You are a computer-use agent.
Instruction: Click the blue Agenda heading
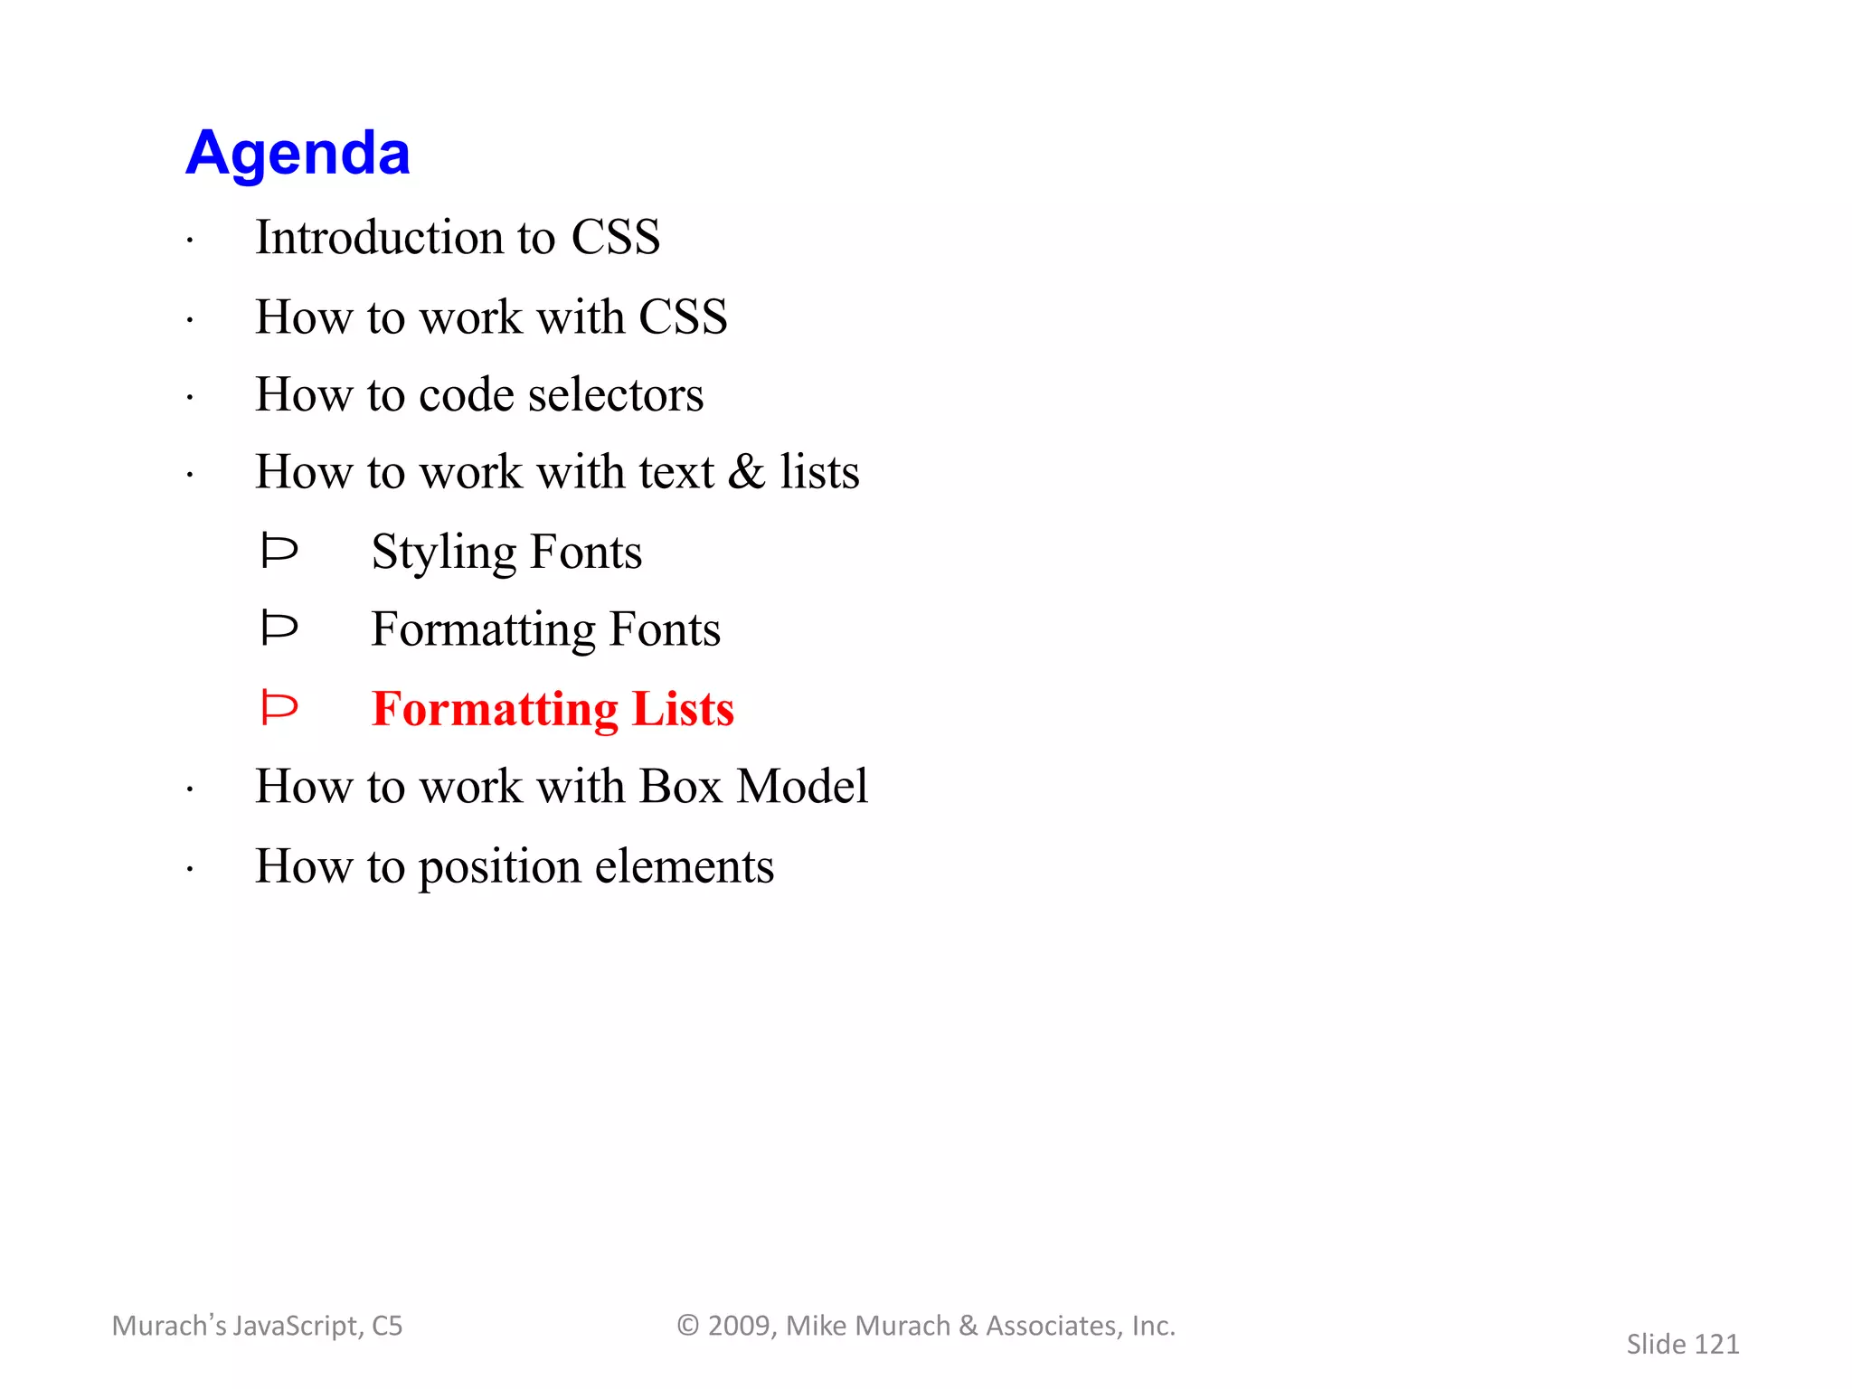point(298,154)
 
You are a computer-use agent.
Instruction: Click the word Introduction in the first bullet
point(379,237)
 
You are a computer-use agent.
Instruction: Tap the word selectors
point(615,395)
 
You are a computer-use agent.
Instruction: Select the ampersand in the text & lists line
point(746,472)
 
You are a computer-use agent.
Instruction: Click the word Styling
point(443,553)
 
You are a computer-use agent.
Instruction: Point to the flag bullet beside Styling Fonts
point(279,551)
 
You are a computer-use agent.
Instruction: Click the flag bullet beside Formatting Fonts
point(279,628)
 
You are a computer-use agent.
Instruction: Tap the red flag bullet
point(279,707)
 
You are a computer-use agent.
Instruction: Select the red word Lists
point(683,708)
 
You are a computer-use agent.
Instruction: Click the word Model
point(802,786)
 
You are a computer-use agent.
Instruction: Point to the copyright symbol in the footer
point(688,1326)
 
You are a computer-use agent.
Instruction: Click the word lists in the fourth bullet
point(819,472)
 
